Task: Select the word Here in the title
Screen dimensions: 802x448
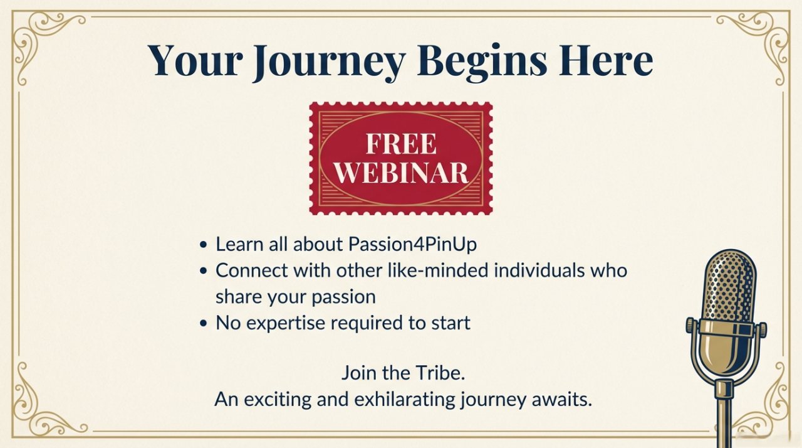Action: [606, 60]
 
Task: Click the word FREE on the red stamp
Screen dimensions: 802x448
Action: [401, 144]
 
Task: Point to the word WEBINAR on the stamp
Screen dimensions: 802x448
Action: [401, 173]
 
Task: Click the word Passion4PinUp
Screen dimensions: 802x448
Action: [412, 245]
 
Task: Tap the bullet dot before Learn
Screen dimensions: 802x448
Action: [204, 245]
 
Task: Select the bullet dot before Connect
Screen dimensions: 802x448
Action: [204, 271]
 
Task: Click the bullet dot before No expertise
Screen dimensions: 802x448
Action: [204, 323]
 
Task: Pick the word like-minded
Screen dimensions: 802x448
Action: [438, 270]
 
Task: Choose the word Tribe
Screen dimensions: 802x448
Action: [435, 373]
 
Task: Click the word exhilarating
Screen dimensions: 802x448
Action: [405, 399]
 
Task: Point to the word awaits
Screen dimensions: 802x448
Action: [562, 400]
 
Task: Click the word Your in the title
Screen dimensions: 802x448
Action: [195, 60]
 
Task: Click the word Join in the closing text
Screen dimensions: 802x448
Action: [358, 373]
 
